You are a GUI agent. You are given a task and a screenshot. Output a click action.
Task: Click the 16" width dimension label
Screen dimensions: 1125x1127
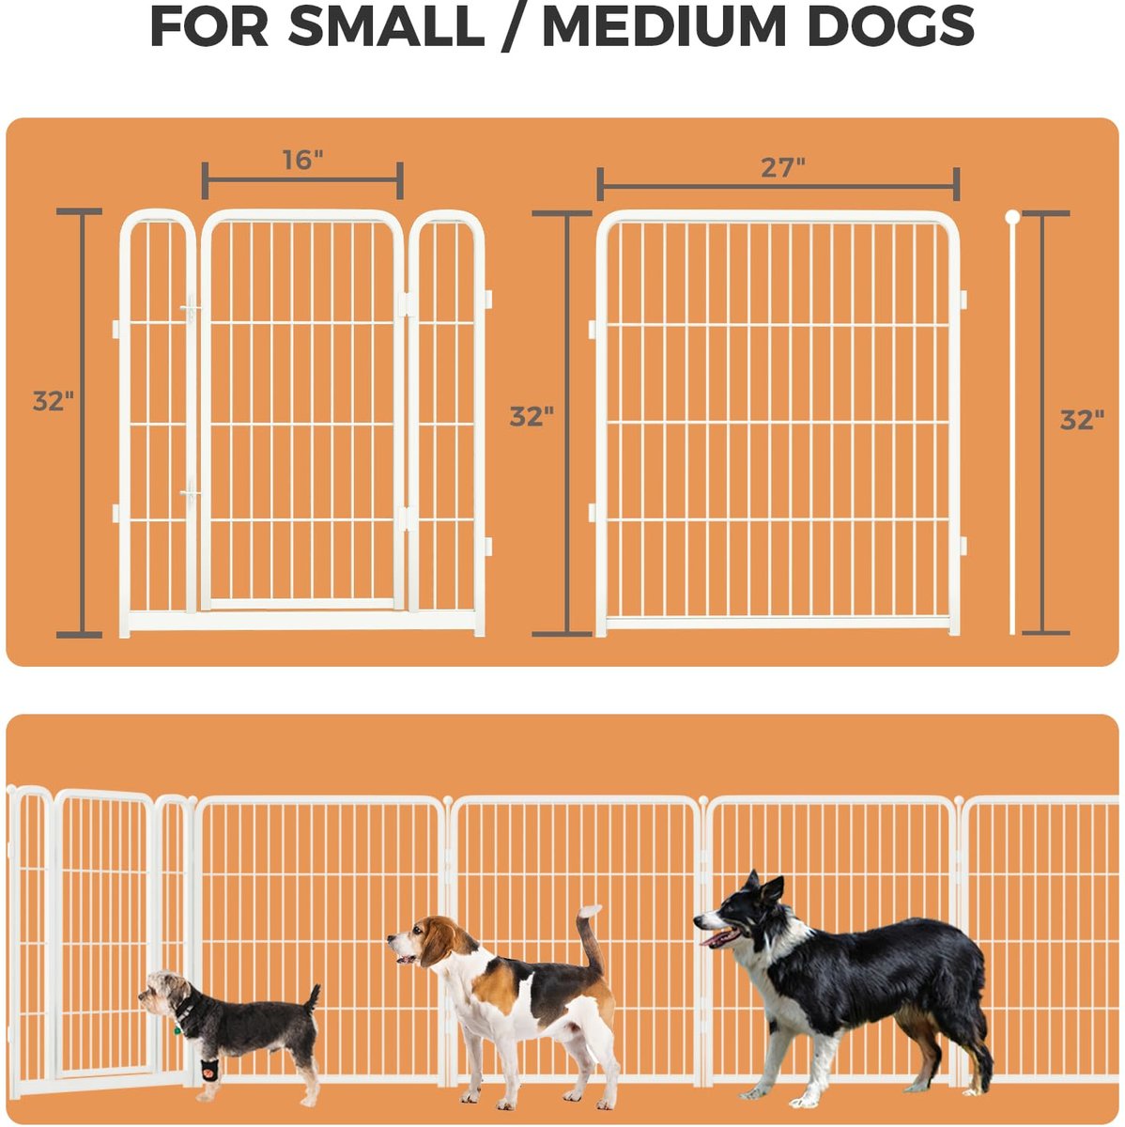tap(302, 160)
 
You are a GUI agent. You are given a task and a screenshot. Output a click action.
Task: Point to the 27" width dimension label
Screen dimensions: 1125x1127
tap(783, 168)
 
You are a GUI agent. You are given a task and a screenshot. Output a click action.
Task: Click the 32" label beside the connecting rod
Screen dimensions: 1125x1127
tap(1082, 420)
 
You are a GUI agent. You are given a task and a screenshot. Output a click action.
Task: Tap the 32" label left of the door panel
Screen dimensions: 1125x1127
tap(54, 401)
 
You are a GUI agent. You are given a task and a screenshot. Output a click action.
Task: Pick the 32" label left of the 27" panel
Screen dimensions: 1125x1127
tap(532, 416)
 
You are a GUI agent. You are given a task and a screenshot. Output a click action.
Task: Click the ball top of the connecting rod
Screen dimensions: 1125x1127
tap(1012, 217)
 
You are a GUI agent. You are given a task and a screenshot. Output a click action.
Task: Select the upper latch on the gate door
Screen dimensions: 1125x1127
tap(190, 310)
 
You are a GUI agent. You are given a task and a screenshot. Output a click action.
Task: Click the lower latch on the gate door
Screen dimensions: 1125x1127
tap(190, 494)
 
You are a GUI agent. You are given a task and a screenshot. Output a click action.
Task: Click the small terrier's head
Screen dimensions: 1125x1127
tap(164, 994)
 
